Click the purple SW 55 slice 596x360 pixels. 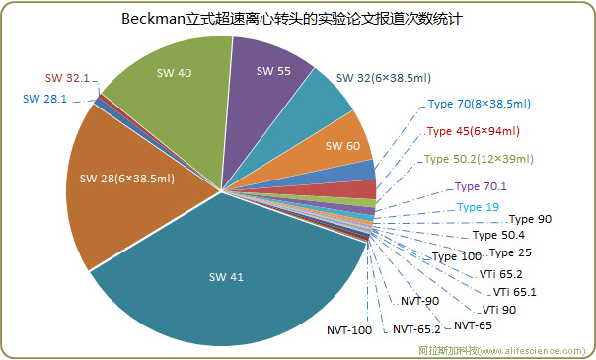coord(273,71)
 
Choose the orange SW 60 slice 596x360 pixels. coord(341,146)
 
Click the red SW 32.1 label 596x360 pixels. coord(67,77)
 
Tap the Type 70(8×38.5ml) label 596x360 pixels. coord(479,103)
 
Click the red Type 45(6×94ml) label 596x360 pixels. coord(473,130)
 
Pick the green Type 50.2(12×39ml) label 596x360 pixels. coord(479,158)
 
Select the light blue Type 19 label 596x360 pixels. coord(478,207)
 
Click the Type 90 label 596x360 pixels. coord(530,219)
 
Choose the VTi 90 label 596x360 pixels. coord(498,310)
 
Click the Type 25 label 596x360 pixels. coord(510,253)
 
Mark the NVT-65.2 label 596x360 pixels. coord(415,328)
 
